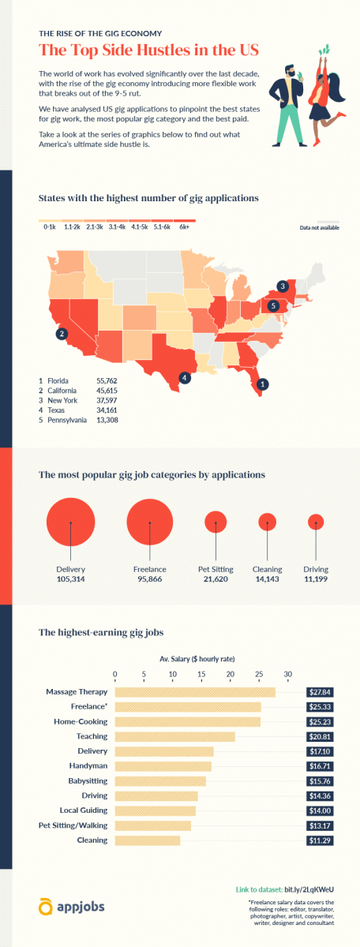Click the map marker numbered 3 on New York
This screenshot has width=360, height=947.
coord(282,286)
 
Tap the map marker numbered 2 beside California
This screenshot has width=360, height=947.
coord(61,335)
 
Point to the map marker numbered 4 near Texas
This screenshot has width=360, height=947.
coord(184,377)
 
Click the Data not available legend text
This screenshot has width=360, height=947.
coord(318,228)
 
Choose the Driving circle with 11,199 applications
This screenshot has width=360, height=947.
coord(316,522)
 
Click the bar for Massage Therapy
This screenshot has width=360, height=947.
coord(195,692)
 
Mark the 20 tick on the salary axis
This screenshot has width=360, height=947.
coord(230,674)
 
